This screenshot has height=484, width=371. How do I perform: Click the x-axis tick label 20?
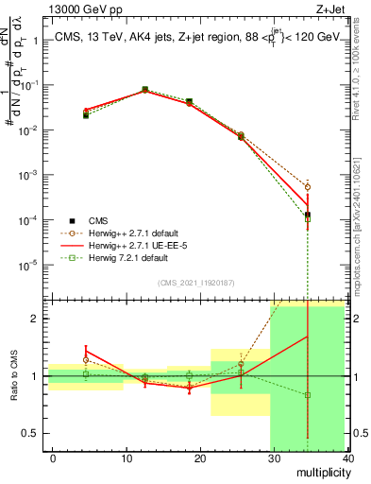coord(200,458)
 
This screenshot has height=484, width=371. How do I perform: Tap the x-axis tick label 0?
coord(53,458)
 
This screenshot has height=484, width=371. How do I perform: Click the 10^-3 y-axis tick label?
coord(28,176)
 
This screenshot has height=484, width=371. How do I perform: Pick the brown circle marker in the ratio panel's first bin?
coord(86,360)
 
